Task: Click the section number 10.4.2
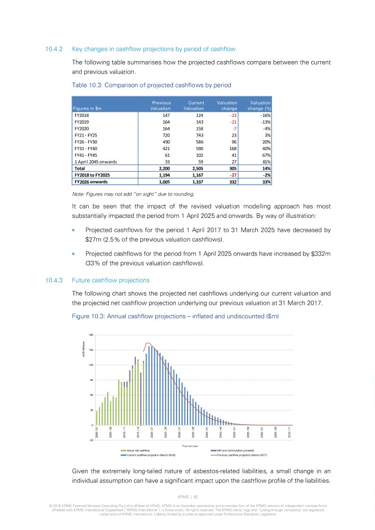(54, 49)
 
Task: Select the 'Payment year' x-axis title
(191, 446)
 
